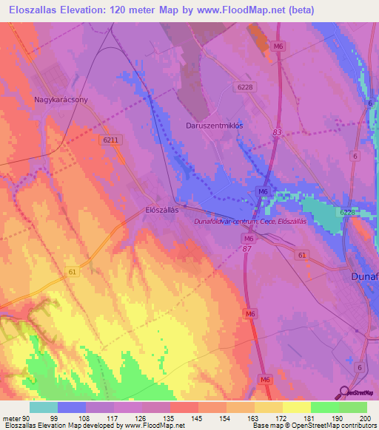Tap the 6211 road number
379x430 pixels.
coord(111,139)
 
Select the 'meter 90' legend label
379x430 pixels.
coord(16,417)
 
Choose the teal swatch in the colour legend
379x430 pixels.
coord(44,407)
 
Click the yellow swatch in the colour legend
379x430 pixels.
coord(296,407)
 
